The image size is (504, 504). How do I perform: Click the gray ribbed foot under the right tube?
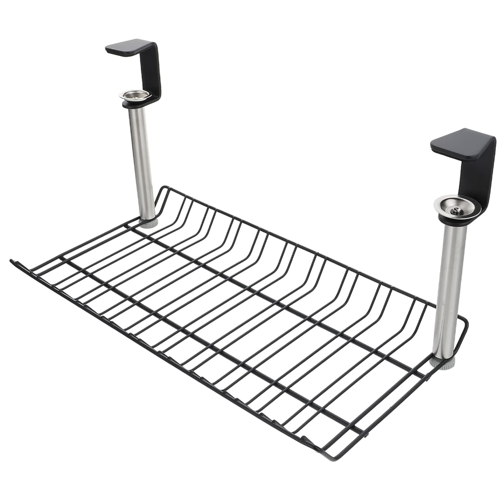click(443, 363)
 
